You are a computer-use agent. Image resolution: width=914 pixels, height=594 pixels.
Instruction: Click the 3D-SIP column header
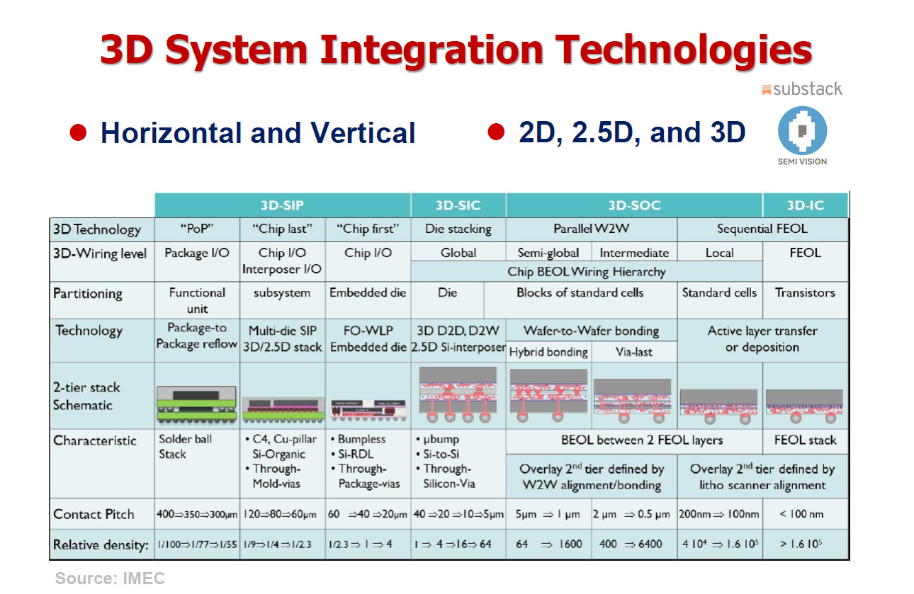pyautogui.click(x=282, y=205)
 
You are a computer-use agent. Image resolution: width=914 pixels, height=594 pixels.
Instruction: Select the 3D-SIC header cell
pyautogui.click(x=458, y=205)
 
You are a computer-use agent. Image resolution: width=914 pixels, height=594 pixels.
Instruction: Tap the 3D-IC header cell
pyautogui.click(x=805, y=205)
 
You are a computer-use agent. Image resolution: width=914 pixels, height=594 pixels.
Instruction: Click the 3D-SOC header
pyautogui.click(x=634, y=205)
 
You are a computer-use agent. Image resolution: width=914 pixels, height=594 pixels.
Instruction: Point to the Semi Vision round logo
pyautogui.click(x=802, y=131)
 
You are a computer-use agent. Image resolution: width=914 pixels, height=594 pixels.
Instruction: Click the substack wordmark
pyautogui.click(x=802, y=89)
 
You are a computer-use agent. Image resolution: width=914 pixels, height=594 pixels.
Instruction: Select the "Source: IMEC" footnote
pyautogui.click(x=110, y=578)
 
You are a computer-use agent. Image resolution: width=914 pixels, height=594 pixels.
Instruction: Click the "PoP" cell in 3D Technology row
pyautogui.click(x=197, y=229)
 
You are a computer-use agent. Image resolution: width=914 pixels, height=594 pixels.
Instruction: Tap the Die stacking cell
pyautogui.click(x=458, y=229)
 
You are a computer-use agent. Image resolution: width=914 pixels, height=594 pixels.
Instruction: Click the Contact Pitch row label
pyautogui.click(x=94, y=514)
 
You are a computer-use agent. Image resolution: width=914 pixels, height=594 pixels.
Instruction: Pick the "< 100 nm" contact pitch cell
pyautogui.click(x=805, y=514)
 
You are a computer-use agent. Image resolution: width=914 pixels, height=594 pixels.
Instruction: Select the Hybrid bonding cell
pyautogui.click(x=548, y=352)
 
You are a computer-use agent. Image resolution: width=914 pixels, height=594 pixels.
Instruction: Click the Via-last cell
pyautogui.click(x=633, y=352)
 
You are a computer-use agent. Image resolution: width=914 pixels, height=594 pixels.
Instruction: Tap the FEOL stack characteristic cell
pyautogui.click(x=805, y=440)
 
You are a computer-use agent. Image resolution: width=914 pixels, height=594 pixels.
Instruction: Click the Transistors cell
pyautogui.click(x=805, y=292)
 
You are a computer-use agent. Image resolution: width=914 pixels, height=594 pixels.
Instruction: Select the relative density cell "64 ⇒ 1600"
pyautogui.click(x=550, y=544)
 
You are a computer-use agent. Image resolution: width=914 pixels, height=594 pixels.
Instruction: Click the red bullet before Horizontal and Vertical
pyautogui.click(x=78, y=133)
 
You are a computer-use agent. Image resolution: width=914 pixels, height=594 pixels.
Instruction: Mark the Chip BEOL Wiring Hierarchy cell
pyautogui.click(x=586, y=272)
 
